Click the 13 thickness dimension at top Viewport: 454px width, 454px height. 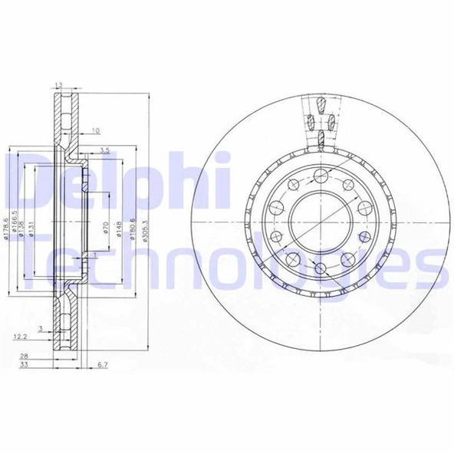[x=59, y=86]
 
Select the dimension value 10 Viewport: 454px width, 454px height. [x=96, y=130]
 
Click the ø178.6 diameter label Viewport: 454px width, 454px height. [x=6, y=229]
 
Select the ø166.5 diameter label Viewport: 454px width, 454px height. [x=15, y=229]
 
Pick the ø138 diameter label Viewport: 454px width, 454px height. [x=24, y=229]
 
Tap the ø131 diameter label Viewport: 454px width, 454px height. [x=32, y=229]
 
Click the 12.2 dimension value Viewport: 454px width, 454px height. [x=21, y=336]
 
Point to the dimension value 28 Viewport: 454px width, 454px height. [x=25, y=357]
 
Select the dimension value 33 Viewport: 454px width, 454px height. [x=25, y=366]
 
